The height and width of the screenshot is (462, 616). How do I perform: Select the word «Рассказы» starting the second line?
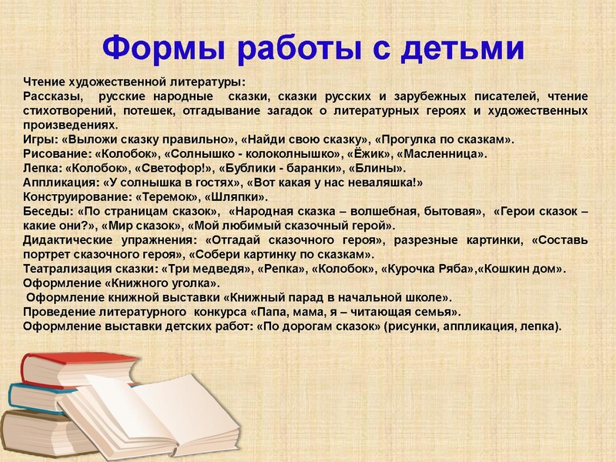coord(50,96)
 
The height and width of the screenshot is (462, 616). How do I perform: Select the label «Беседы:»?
coord(48,211)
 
